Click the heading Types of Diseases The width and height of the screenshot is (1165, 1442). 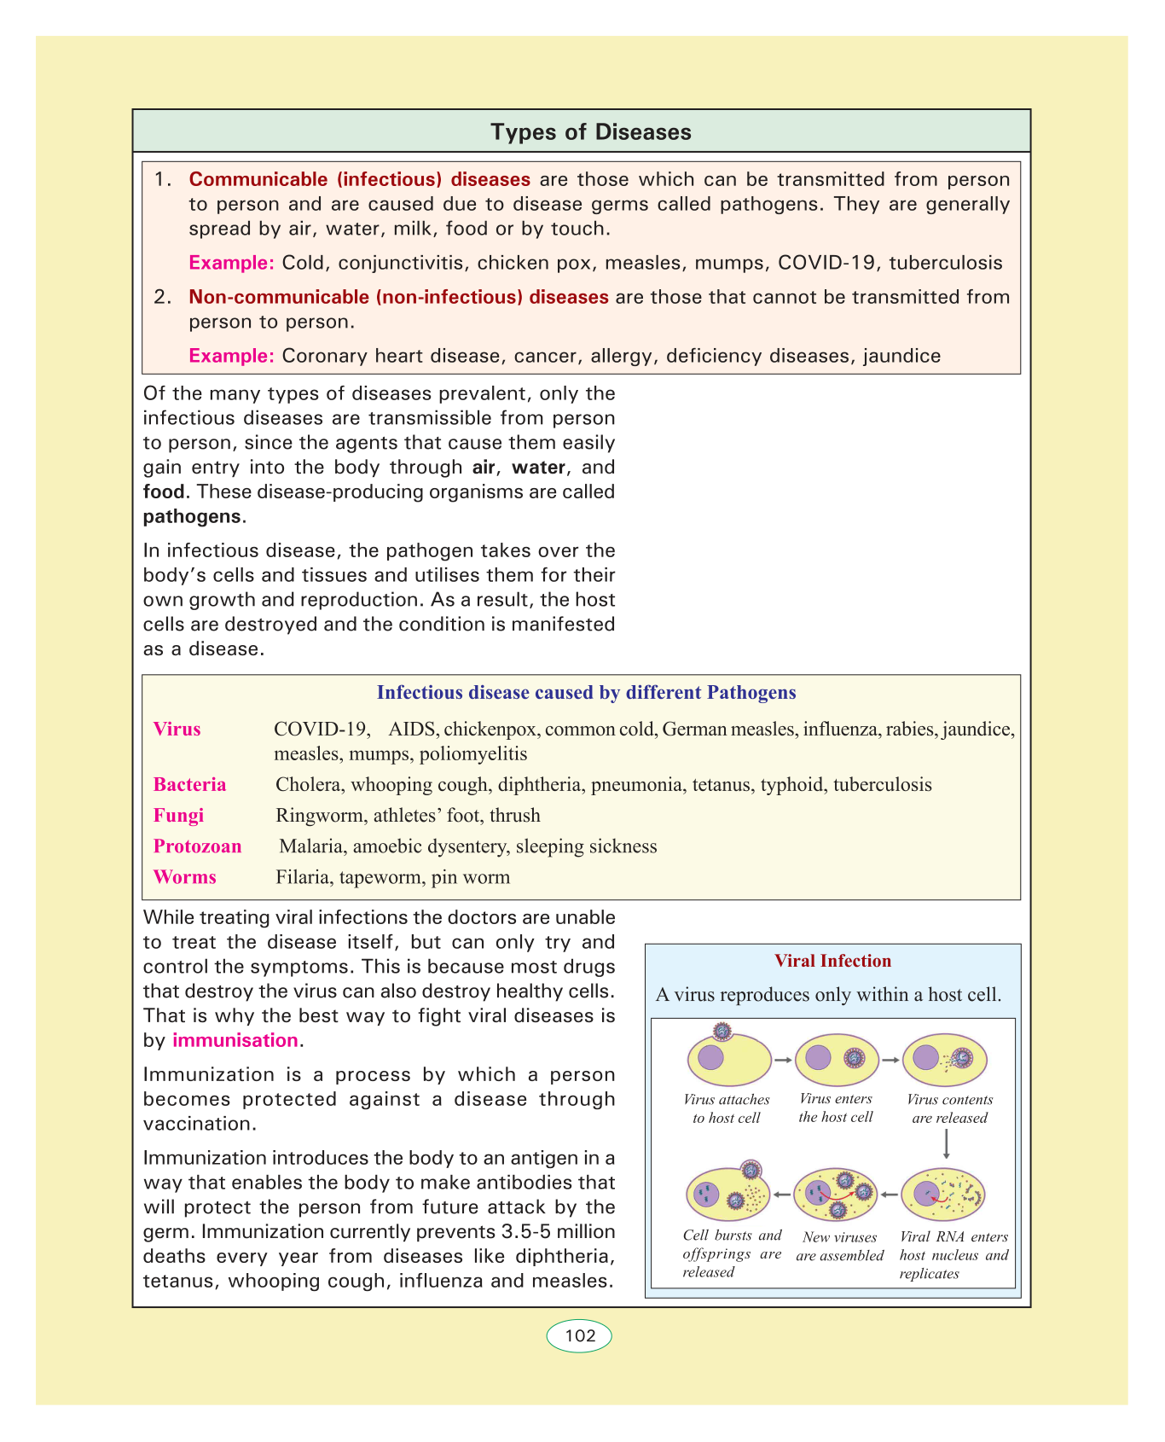click(591, 132)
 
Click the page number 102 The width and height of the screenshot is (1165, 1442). click(580, 1335)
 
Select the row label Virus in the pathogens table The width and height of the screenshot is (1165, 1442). click(177, 730)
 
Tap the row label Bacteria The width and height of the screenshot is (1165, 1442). click(189, 785)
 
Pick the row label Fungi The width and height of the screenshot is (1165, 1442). click(178, 816)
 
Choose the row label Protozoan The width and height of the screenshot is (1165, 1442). click(197, 846)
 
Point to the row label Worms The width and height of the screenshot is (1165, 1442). click(184, 877)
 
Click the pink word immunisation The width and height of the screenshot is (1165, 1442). click(235, 1040)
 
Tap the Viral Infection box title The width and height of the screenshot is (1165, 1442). click(832, 961)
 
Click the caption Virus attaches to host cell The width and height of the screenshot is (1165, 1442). click(727, 1109)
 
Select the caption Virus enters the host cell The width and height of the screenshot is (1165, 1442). click(836, 1108)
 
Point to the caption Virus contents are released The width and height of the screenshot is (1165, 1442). click(949, 1109)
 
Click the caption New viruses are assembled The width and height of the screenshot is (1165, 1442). click(839, 1247)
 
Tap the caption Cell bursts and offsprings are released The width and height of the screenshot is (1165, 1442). click(732, 1254)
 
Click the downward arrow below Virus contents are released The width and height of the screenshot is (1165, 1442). click(947, 1143)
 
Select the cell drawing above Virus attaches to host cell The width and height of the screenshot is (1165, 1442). click(727, 1057)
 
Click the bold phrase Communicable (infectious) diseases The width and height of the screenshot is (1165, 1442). click(359, 179)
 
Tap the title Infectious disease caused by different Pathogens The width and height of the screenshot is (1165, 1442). click(586, 693)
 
